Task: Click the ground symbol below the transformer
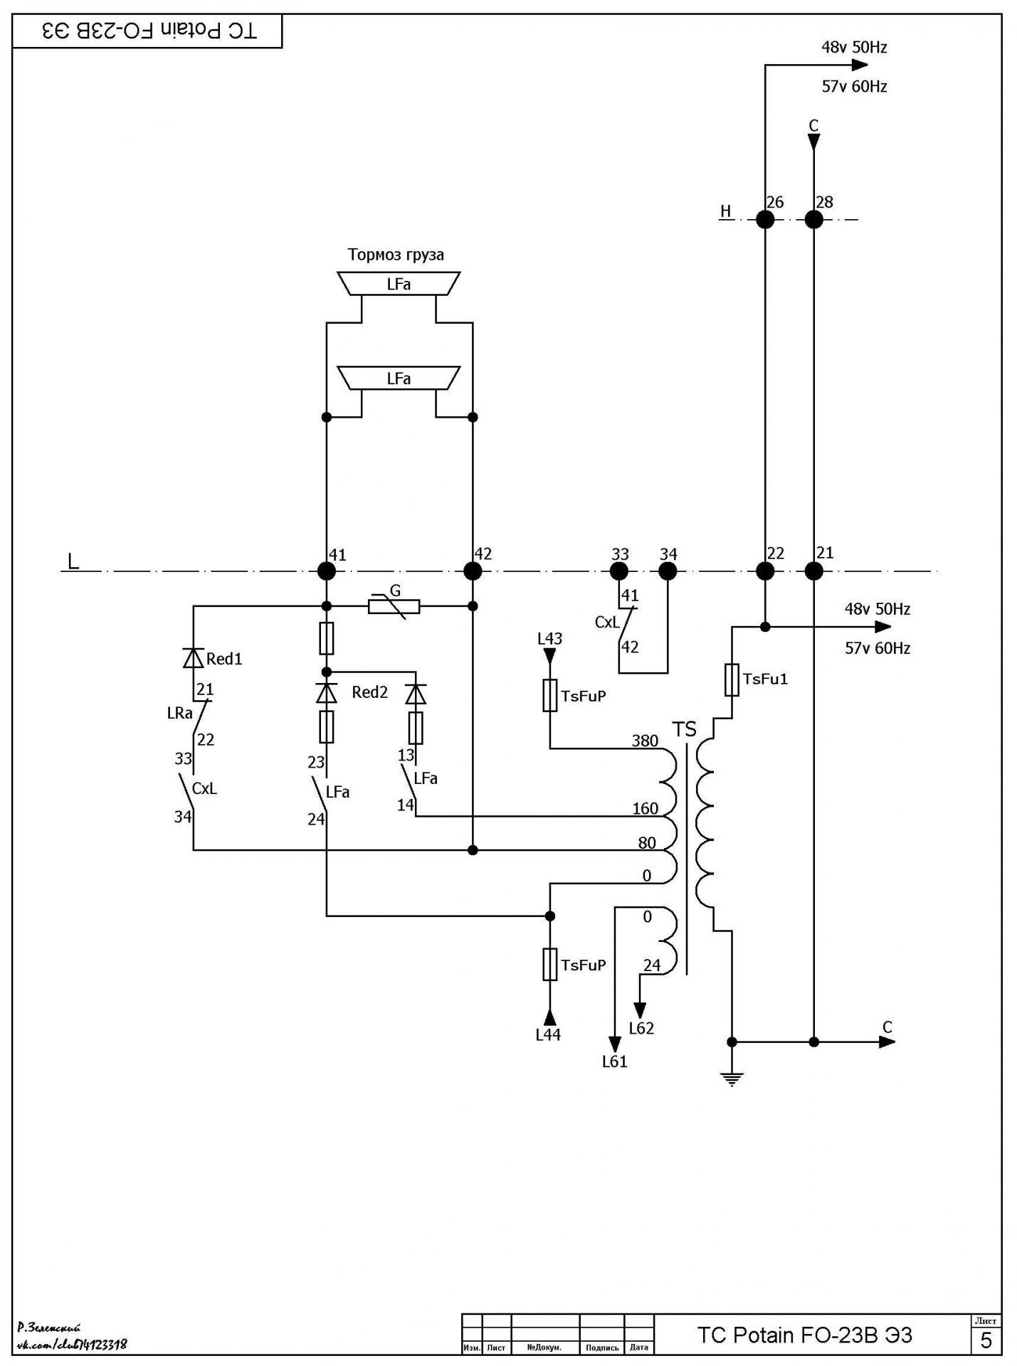tap(732, 1078)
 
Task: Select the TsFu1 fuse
tap(732, 679)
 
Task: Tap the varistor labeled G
tap(394, 606)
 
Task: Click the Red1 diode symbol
tap(194, 658)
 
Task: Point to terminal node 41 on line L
tap(327, 571)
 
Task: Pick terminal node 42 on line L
tap(473, 571)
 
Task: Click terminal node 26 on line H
tap(765, 219)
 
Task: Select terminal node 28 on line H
tap(813, 219)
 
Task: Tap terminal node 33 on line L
tap(619, 571)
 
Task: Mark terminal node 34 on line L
tap(668, 571)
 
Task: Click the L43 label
tap(549, 638)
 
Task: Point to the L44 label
tap(548, 1035)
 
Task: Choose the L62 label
tap(641, 1028)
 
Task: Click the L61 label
tap(614, 1061)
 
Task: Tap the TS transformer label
tap(685, 729)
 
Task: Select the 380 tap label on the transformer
tap(645, 741)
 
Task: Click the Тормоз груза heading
tap(396, 255)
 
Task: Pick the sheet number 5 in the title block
tap(986, 1340)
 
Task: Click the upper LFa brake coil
tap(399, 283)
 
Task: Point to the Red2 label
tap(369, 692)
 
